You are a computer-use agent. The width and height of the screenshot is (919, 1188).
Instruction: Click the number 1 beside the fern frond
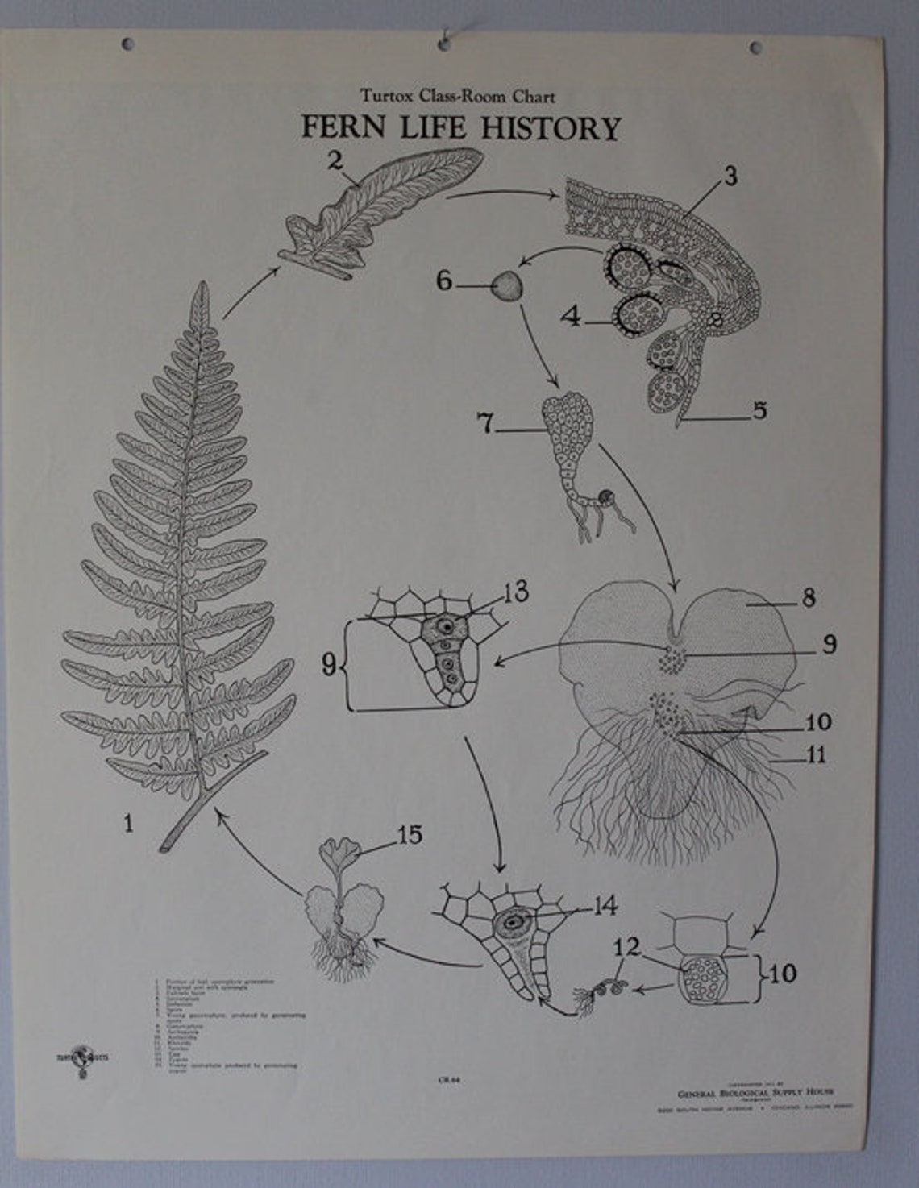127,823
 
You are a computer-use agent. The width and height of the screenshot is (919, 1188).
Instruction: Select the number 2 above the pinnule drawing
336,160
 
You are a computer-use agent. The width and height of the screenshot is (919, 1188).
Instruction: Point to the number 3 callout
730,176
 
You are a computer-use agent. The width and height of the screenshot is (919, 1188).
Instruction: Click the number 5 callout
759,411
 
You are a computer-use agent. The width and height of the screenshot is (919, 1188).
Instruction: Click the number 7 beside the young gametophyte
485,423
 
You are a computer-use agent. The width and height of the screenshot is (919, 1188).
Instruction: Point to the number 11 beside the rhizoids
817,755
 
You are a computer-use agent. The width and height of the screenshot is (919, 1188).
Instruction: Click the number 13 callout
516,592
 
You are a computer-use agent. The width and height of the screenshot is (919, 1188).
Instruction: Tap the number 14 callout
604,906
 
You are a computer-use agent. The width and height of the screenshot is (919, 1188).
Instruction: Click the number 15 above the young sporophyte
410,835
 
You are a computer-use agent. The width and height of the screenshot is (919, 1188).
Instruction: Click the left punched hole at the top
127,44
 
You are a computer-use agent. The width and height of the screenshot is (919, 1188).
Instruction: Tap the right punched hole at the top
755,48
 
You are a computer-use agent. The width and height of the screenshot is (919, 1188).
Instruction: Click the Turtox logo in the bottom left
79,1057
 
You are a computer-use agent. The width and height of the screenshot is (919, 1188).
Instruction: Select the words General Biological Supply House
755,1092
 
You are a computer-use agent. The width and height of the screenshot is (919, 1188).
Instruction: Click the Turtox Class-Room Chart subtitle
458,97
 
